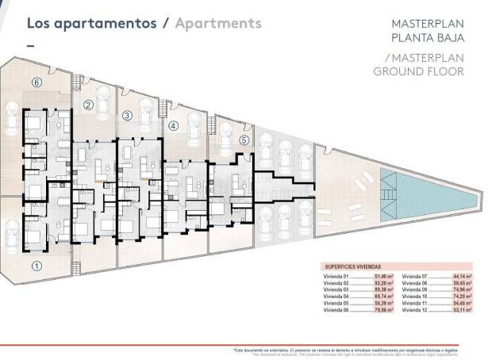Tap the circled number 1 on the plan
click(x=36, y=266)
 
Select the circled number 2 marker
click(x=89, y=105)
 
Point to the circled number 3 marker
click(x=127, y=115)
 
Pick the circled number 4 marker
click(x=173, y=125)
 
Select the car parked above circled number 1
click(x=14, y=236)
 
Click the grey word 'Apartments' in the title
click(x=217, y=23)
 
